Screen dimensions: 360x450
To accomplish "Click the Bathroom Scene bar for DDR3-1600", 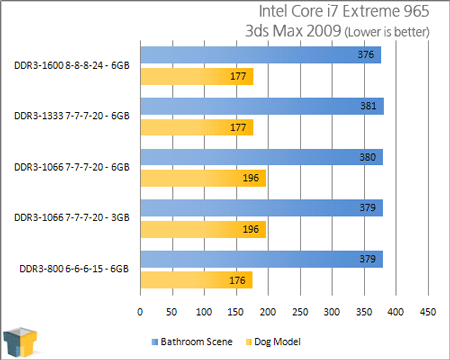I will [260, 55].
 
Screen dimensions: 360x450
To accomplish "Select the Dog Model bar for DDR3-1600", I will [197, 76].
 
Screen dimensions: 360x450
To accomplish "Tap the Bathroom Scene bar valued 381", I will [262, 106].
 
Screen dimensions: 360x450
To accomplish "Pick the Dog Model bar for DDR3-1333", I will [197, 127].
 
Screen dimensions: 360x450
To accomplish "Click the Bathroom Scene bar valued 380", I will [262, 157].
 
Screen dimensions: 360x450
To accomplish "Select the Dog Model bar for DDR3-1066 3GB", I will [203, 229].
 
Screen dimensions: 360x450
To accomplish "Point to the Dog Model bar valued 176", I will [197, 280].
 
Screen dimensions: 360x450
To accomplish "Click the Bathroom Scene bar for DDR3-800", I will [261, 260].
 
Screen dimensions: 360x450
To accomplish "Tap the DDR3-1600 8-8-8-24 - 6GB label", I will [72, 65].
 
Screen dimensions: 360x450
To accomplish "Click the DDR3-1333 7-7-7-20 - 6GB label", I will [72, 116].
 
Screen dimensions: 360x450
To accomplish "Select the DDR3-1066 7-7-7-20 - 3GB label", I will [72, 218].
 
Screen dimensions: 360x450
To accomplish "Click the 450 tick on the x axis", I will [429, 310].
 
